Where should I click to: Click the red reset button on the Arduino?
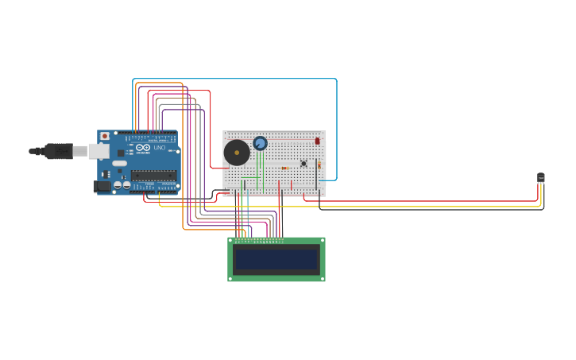click(104, 136)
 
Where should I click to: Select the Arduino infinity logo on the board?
click(143, 147)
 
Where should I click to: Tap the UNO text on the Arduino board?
click(160, 148)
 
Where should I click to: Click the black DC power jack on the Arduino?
click(102, 187)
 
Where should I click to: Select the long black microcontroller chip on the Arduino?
click(153, 175)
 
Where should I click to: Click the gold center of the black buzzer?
click(237, 153)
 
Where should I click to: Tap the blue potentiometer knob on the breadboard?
click(260, 143)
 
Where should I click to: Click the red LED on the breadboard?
click(317, 141)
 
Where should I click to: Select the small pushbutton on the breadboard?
click(303, 164)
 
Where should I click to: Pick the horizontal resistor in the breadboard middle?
click(284, 168)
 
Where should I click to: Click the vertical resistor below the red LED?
click(319, 165)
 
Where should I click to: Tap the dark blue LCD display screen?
click(276, 260)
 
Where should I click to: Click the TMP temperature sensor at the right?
click(541, 177)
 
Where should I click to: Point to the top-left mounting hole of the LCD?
click(231, 240)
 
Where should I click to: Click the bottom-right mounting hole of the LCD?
click(322, 278)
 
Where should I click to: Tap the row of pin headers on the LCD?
click(259, 240)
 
